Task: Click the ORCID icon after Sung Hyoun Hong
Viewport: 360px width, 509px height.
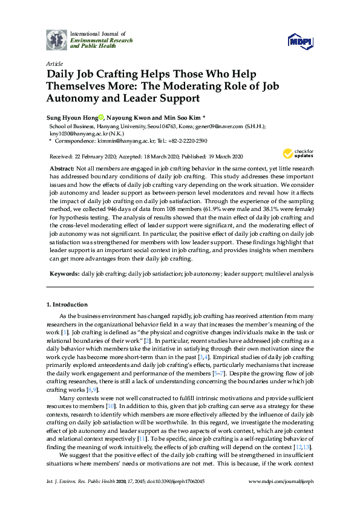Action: tap(100, 117)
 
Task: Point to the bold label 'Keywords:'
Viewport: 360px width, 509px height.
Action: tap(64, 274)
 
